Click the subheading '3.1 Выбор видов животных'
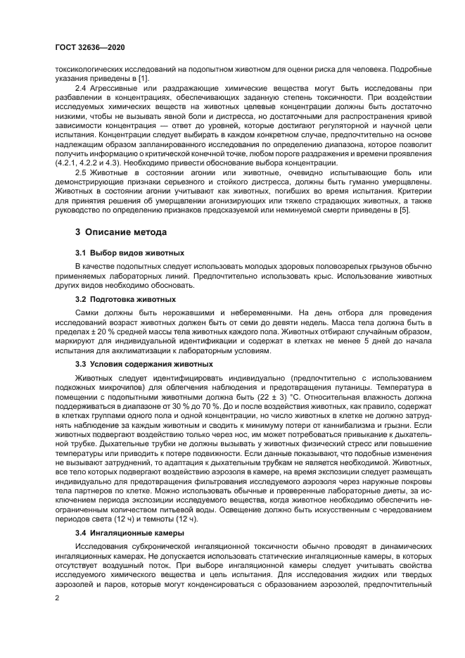click(129, 252)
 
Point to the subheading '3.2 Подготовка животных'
click(126, 299)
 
